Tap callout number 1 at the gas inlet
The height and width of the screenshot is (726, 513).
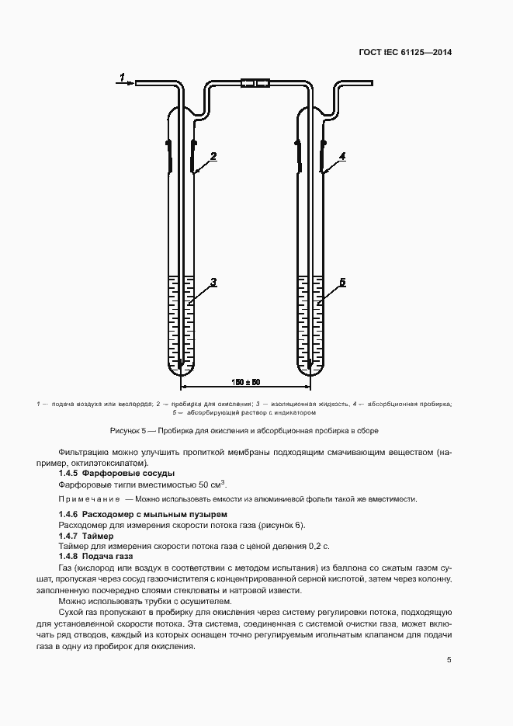pyautogui.click(x=121, y=75)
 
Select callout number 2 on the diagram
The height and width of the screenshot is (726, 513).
pyautogui.click(x=213, y=156)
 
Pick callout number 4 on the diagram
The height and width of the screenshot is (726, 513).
pyautogui.click(x=342, y=156)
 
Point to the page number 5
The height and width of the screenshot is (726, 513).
pyautogui.click(x=449, y=660)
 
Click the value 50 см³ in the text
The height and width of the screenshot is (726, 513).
pyautogui.click(x=217, y=484)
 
